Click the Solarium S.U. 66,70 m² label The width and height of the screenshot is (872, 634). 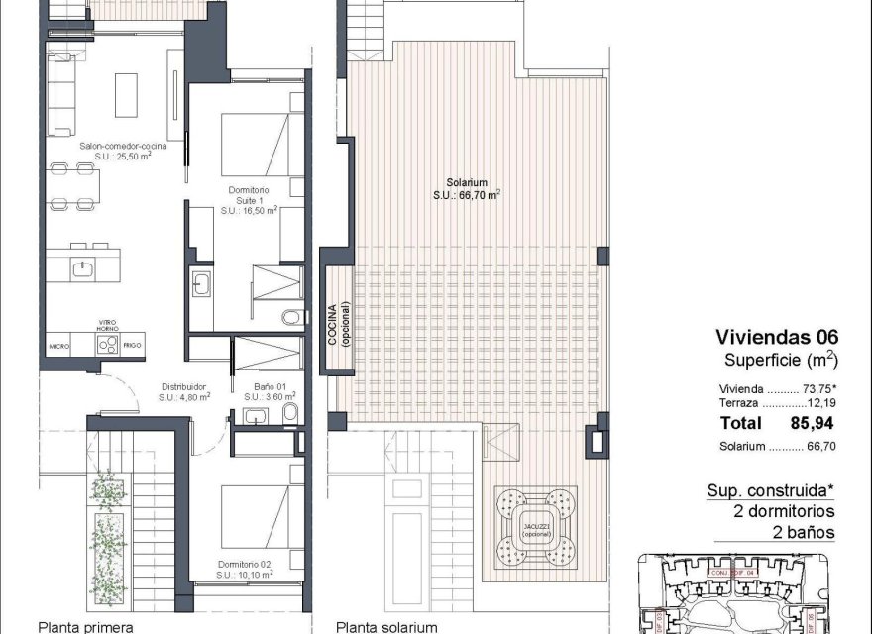[466, 188]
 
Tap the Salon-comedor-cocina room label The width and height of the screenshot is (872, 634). [123, 150]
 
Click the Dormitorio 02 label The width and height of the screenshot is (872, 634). [244, 570]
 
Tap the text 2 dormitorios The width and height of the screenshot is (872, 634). [784, 512]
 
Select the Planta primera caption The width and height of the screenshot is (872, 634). [84, 626]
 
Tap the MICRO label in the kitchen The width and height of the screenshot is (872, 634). [60, 346]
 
